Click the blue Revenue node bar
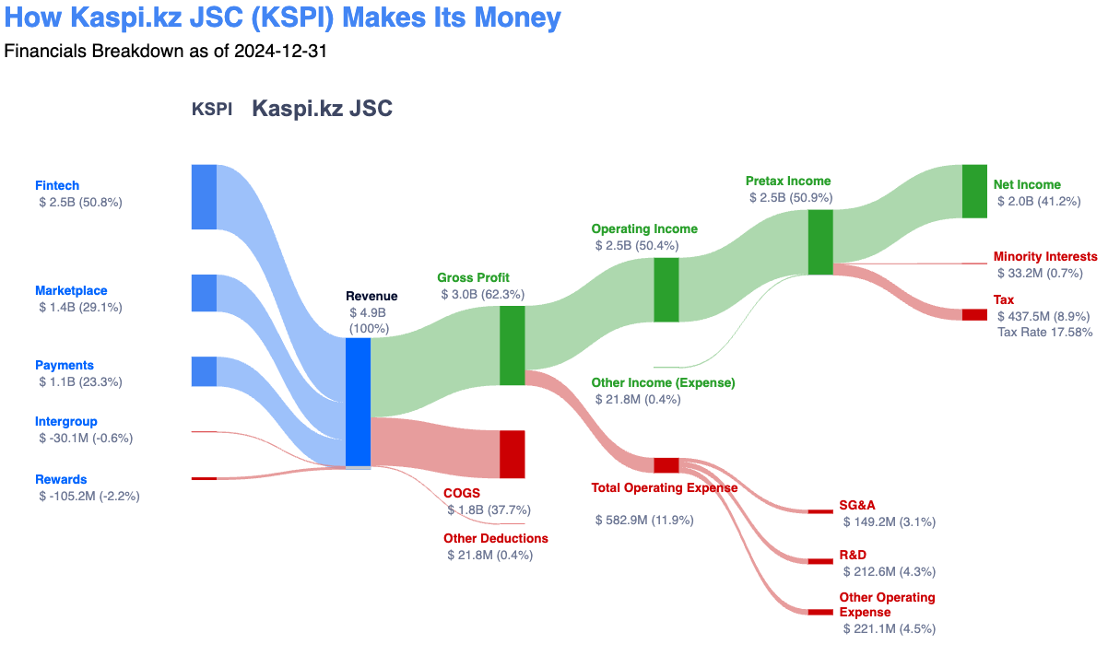click(x=358, y=402)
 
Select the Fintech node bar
click(x=204, y=196)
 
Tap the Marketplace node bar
click(x=204, y=293)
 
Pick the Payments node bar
click(x=204, y=371)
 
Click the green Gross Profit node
click(x=512, y=346)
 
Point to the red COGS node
click(x=512, y=454)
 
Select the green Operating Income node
click(x=666, y=289)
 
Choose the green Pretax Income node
click(x=820, y=242)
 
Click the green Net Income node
click(x=974, y=191)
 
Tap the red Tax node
click(x=974, y=315)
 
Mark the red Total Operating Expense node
click(x=666, y=465)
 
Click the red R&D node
click(x=820, y=561)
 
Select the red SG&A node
click(x=820, y=511)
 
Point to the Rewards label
click(x=61, y=479)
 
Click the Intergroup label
click(x=65, y=421)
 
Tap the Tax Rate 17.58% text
click(x=1044, y=332)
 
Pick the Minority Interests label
click(x=1045, y=256)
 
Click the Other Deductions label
click(x=495, y=538)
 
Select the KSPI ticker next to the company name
click(x=211, y=110)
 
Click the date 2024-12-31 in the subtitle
click(x=280, y=51)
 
